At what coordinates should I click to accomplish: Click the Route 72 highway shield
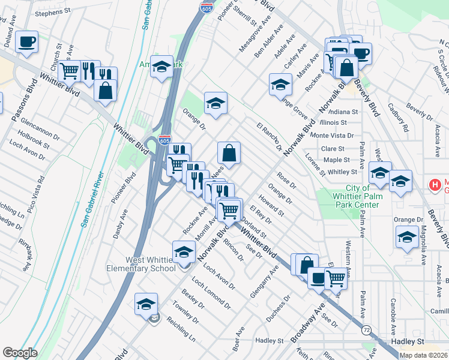point(366,329)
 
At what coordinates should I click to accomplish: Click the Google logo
point(20,353)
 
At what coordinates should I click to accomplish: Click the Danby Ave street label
point(121,224)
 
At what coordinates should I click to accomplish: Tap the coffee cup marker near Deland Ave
point(26,42)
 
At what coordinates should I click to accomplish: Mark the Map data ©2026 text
point(424,355)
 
